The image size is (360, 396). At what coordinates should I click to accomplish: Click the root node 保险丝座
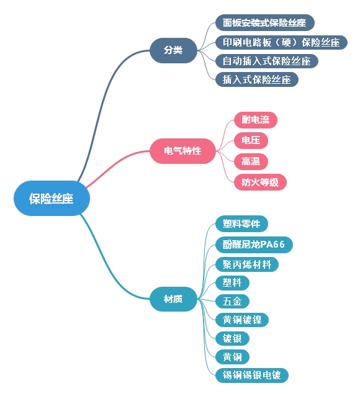click(52, 199)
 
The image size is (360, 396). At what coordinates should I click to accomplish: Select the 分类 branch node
click(173, 50)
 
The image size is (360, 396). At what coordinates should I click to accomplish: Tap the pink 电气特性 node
click(182, 151)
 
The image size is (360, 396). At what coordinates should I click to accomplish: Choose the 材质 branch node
click(173, 299)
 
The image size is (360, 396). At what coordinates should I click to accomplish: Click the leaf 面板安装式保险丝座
click(264, 23)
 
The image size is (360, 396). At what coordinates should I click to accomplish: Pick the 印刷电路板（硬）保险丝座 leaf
click(281, 42)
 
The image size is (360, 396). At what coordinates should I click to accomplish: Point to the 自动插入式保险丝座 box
click(266, 61)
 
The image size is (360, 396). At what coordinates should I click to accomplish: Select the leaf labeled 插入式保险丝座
click(256, 79)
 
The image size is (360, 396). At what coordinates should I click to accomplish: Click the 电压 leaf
click(251, 140)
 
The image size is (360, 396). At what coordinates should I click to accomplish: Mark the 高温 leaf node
click(251, 161)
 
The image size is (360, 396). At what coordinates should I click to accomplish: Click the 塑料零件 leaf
click(241, 223)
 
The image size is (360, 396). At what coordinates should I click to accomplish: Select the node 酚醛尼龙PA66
click(253, 244)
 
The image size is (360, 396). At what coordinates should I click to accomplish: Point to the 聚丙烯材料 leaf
click(246, 264)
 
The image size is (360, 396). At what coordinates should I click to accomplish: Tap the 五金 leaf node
click(232, 302)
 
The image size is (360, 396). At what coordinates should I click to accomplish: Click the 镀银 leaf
click(232, 338)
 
